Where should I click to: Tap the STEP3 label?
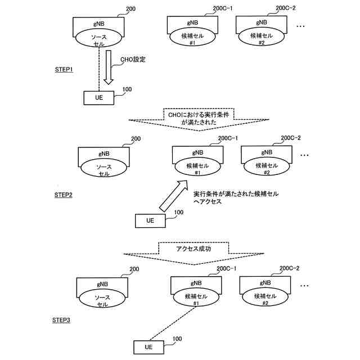coord(62,320)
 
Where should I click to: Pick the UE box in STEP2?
coord(150,220)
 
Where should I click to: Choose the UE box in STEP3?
coord(148,347)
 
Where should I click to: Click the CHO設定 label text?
coord(134,58)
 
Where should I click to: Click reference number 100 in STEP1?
coord(127,89)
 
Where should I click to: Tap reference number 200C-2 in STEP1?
coord(286,8)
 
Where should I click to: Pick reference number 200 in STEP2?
coord(136,139)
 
